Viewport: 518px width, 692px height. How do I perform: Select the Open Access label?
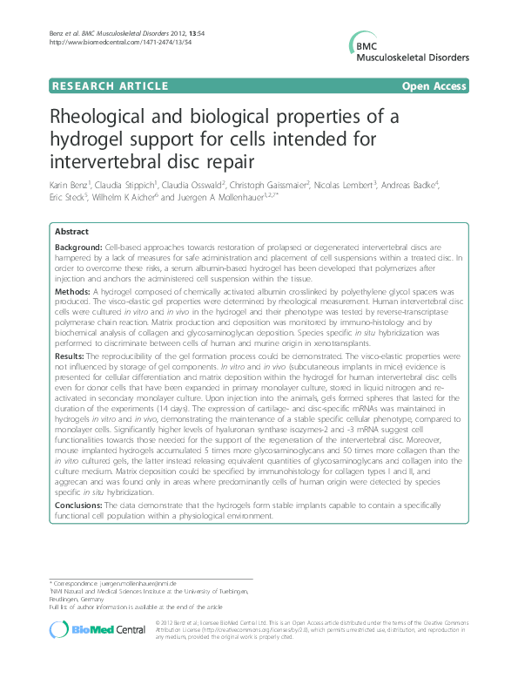434,86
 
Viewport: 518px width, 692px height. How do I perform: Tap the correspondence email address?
138,582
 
